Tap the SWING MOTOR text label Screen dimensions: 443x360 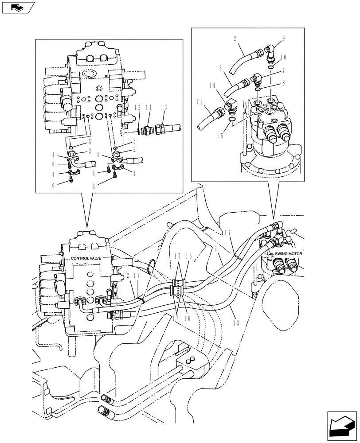point(289,253)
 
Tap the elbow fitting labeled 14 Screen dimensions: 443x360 point(231,106)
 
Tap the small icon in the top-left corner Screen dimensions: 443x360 point(17,7)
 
